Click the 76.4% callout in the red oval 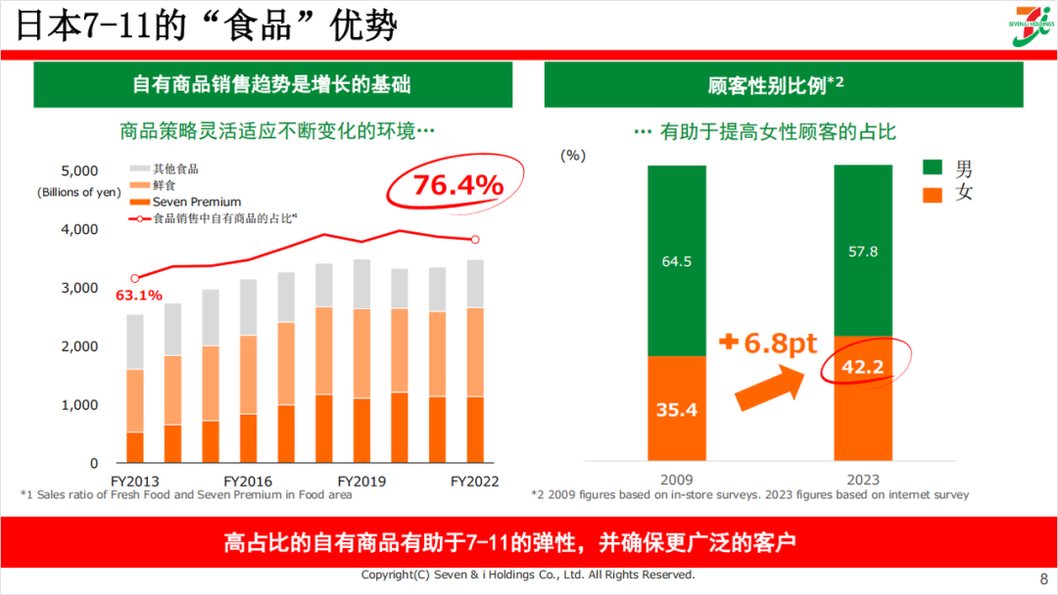(x=457, y=185)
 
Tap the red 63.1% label (x=138, y=296)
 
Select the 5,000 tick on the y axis (x=79, y=170)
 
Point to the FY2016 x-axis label (x=248, y=481)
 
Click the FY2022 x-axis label (x=474, y=481)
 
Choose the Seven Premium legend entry (x=196, y=202)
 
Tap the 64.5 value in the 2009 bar (x=676, y=260)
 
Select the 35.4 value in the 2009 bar (x=676, y=410)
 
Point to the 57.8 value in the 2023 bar (x=863, y=252)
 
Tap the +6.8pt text (x=766, y=343)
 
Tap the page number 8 (x=1042, y=577)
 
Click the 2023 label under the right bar (x=863, y=480)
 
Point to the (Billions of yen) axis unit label (x=79, y=192)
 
